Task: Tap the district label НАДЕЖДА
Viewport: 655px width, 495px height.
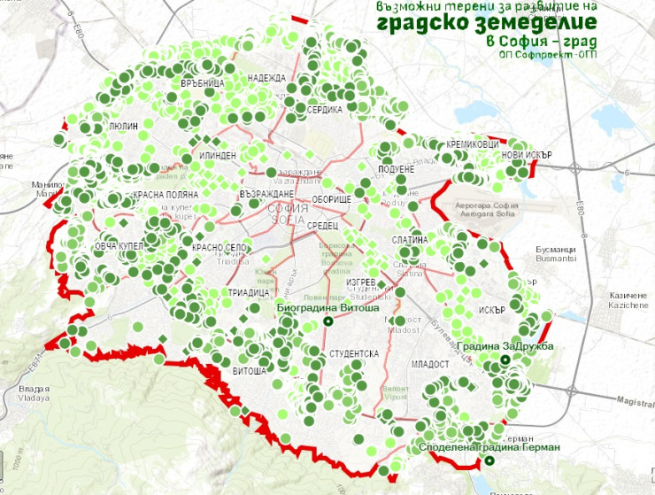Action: [266, 78]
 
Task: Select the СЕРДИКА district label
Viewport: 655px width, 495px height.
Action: [325, 110]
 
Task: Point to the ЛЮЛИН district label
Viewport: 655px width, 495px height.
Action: [123, 128]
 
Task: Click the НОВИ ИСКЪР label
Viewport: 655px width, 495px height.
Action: [527, 153]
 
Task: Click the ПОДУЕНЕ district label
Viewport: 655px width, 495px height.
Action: [396, 168]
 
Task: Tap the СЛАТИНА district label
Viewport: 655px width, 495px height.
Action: [410, 241]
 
